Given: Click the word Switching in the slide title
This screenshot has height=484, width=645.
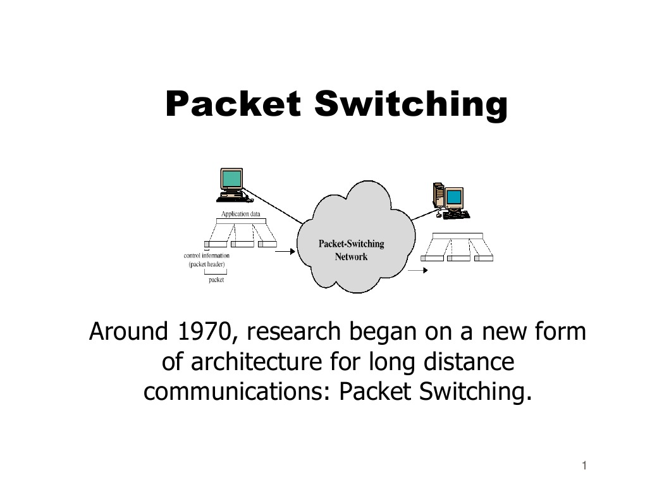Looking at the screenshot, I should [410, 105].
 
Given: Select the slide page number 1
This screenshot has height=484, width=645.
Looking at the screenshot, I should [585, 466].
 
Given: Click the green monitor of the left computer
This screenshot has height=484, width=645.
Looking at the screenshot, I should [231, 178].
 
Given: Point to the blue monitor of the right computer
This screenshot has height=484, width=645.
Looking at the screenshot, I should [453, 197].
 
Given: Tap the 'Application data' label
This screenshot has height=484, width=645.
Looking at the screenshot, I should [240, 214].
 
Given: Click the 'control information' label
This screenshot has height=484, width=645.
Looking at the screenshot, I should [207, 256].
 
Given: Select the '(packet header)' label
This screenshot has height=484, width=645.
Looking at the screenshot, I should [207, 264].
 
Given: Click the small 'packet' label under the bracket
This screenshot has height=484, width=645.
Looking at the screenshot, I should [216, 280].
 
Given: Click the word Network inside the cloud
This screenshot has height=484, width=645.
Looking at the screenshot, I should [351, 257].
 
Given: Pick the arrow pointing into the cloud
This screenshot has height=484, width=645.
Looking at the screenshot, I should [285, 251].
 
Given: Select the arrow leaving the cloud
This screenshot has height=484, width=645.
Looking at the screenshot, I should [417, 270].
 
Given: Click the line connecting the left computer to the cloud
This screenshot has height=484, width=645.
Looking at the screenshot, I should [275, 206].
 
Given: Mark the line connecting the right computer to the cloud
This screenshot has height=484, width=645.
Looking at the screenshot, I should [422, 214].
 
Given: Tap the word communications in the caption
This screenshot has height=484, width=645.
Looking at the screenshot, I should [233, 392].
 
